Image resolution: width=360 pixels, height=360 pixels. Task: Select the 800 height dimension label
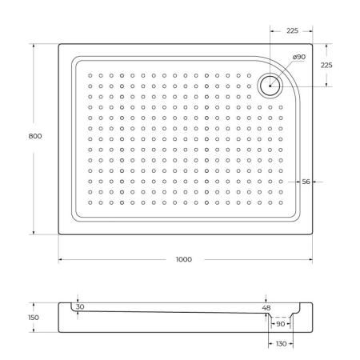coord(35,136)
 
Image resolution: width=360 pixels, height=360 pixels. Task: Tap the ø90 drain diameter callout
coord(299,58)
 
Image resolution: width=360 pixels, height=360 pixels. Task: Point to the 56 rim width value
coord(306,182)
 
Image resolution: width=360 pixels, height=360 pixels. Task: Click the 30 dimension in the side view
coord(80,307)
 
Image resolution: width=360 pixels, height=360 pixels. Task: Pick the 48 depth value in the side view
coord(267,307)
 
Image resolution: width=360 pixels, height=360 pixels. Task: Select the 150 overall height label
coord(34,318)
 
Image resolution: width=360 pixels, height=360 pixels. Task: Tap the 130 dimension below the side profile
coord(279,343)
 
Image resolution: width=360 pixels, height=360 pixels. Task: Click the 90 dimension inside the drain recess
coord(280,324)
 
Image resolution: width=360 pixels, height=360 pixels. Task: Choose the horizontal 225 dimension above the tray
coord(291,32)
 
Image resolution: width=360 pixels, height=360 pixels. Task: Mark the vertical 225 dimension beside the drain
coord(326,65)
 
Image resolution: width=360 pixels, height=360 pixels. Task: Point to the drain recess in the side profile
coord(279,318)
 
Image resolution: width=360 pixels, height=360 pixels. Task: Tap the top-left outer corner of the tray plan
coord(58,45)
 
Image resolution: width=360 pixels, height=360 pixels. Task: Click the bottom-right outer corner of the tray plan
coord(313,234)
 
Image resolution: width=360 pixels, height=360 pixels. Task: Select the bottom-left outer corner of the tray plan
coord(58,234)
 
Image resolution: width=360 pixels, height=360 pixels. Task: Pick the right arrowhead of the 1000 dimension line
coord(310,260)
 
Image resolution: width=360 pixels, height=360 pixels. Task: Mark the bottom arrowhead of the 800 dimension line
coord(35,233)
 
